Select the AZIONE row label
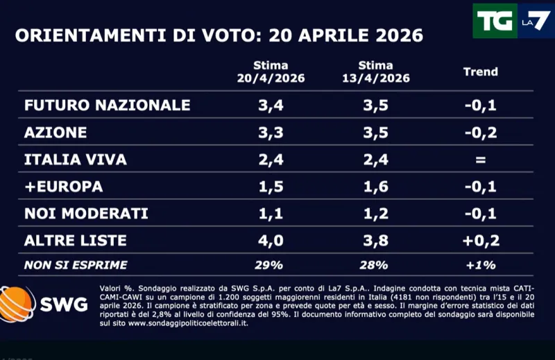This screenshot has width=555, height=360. pos(55,132)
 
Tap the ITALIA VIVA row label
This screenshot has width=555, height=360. pos(76,160)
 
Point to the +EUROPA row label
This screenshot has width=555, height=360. pos(64,187)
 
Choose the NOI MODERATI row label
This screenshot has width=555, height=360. pos(86,214)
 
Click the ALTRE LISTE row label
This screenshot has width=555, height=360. pos(76,241)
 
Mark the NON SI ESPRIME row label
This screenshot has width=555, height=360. pos(76,265)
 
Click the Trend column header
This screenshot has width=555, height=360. pos(480,71)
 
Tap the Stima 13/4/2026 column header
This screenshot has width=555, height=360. pos(375,72)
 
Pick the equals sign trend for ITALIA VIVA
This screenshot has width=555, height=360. pos(480,160)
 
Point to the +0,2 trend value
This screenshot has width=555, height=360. pos(480,241)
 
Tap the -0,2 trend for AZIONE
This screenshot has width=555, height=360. pos(480,132)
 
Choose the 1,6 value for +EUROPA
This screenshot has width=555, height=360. pos(375,187)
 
